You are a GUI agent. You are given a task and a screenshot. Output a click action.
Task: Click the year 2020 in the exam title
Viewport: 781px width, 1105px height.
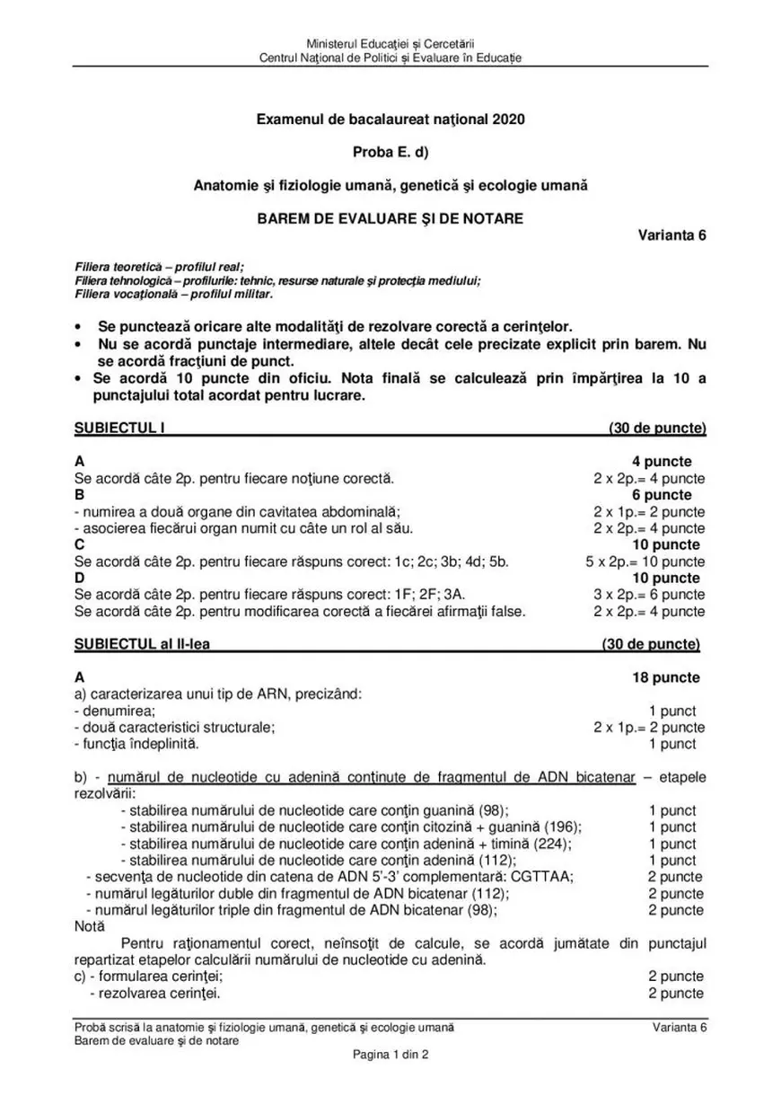click(x=507, y=119)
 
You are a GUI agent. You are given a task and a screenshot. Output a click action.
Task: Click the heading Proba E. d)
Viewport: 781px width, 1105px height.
click(x=390, y=152)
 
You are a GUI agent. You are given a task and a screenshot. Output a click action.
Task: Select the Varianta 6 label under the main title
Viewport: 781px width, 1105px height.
click(x=672, y=235)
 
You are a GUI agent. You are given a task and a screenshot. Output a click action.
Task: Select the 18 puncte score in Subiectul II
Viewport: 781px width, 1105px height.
click(x=666, y=677)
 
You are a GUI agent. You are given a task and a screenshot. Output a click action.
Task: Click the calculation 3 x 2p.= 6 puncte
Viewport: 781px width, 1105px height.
click(x=649, y=595)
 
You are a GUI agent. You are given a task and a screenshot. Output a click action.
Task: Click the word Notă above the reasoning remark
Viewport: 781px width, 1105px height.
click(x=90, y=925)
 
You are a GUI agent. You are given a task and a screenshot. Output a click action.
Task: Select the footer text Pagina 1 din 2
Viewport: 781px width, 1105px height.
click(x=390, y=1056)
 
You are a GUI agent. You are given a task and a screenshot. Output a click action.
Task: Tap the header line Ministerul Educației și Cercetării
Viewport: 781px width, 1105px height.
click(x=390, y=43)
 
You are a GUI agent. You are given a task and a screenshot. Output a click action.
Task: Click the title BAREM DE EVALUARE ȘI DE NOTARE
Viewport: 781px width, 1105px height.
click(x=390, y=218)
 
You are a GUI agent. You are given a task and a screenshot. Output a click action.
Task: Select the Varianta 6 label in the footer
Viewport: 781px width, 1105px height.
click(x=680, y=1027)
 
